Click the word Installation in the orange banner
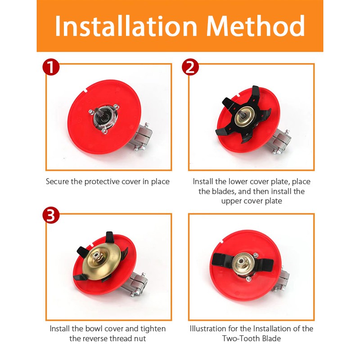(126, 26)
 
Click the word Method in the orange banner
(256, 26)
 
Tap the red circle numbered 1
(51, 67)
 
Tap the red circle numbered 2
(190, 67)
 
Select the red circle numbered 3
(51, 216)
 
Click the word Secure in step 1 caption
(58, 182)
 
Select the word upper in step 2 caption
(231, 201)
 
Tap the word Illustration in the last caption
(208, 329)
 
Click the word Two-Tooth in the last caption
(241, 339)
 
